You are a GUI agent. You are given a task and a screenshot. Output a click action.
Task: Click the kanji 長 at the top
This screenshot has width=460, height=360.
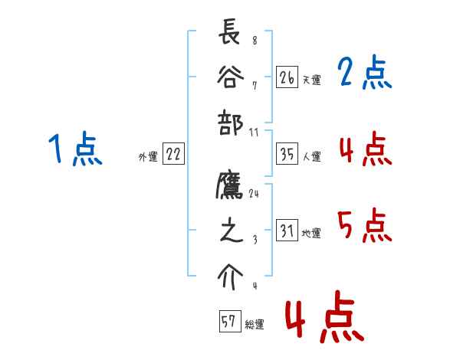pos(230,35)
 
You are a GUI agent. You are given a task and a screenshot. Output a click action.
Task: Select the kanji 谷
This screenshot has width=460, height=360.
pos(230,77)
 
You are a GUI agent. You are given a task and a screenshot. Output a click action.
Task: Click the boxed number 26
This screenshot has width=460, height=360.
pos(287,77)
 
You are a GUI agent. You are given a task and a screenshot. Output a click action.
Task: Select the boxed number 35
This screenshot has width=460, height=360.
pos(287,154)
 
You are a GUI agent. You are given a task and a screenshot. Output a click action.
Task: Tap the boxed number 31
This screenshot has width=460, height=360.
pos(287,231)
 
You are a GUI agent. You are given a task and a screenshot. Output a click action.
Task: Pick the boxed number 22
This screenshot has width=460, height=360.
pos(173,154)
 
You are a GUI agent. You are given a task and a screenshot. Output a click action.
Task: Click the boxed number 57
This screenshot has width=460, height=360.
pos(228,322)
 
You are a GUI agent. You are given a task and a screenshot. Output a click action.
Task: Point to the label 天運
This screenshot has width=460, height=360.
pos(311,80)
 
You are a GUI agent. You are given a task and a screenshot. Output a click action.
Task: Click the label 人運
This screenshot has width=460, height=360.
pos(311,156)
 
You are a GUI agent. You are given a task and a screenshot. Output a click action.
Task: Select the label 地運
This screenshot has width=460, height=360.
pos(311,233)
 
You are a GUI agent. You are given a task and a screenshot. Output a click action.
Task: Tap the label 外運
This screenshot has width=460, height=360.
pos(148,156)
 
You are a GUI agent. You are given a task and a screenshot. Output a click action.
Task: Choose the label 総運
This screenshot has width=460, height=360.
pos(254,324)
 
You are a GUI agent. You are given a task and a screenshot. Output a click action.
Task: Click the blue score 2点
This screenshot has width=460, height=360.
pos(364,74)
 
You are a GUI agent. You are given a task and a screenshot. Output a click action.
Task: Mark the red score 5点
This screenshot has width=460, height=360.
pos(364,225)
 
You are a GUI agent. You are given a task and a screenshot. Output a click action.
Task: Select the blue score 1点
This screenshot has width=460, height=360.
pos(75,149)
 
